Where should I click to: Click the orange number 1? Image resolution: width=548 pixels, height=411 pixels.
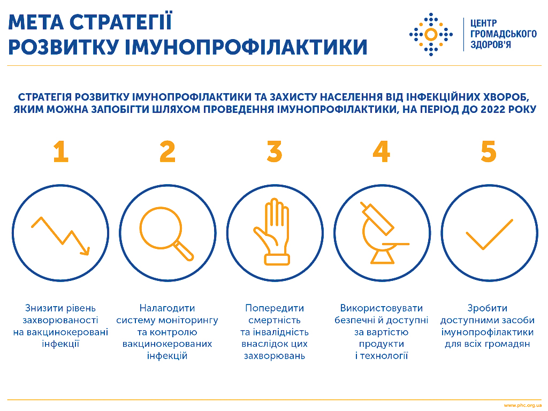pyautogui.click(x=61, y=151)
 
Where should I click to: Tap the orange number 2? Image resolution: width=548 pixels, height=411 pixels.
pyautogui.click(x=168, y=151)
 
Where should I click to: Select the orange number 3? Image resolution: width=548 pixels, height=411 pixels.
pyautogui.click(x=275, y=151)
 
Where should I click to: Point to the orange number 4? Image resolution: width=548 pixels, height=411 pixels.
pyautogui.click(x=381, y=151)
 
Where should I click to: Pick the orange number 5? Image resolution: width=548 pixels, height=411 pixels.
pyautogui.click(x=489, y=151)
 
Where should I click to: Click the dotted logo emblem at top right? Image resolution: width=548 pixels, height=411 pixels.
pyautogui.click(x=431, y=34)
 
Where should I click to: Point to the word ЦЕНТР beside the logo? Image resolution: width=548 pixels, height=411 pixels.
pyautogui.click(x=484, y=24)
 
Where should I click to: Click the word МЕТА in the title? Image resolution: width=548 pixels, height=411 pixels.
pyautogui.click(x=36, y=22)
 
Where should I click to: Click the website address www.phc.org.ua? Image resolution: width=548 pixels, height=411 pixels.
pyautogui.click(x=522, y=406)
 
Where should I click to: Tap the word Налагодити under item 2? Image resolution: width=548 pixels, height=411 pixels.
pyautogui.click(x=167, y=308)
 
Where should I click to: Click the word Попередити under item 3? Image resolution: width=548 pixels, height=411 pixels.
pyautogui.click(x=275, y=308)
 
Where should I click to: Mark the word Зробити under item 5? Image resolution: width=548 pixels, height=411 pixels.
pyautogui.click(x=487, y=308)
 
